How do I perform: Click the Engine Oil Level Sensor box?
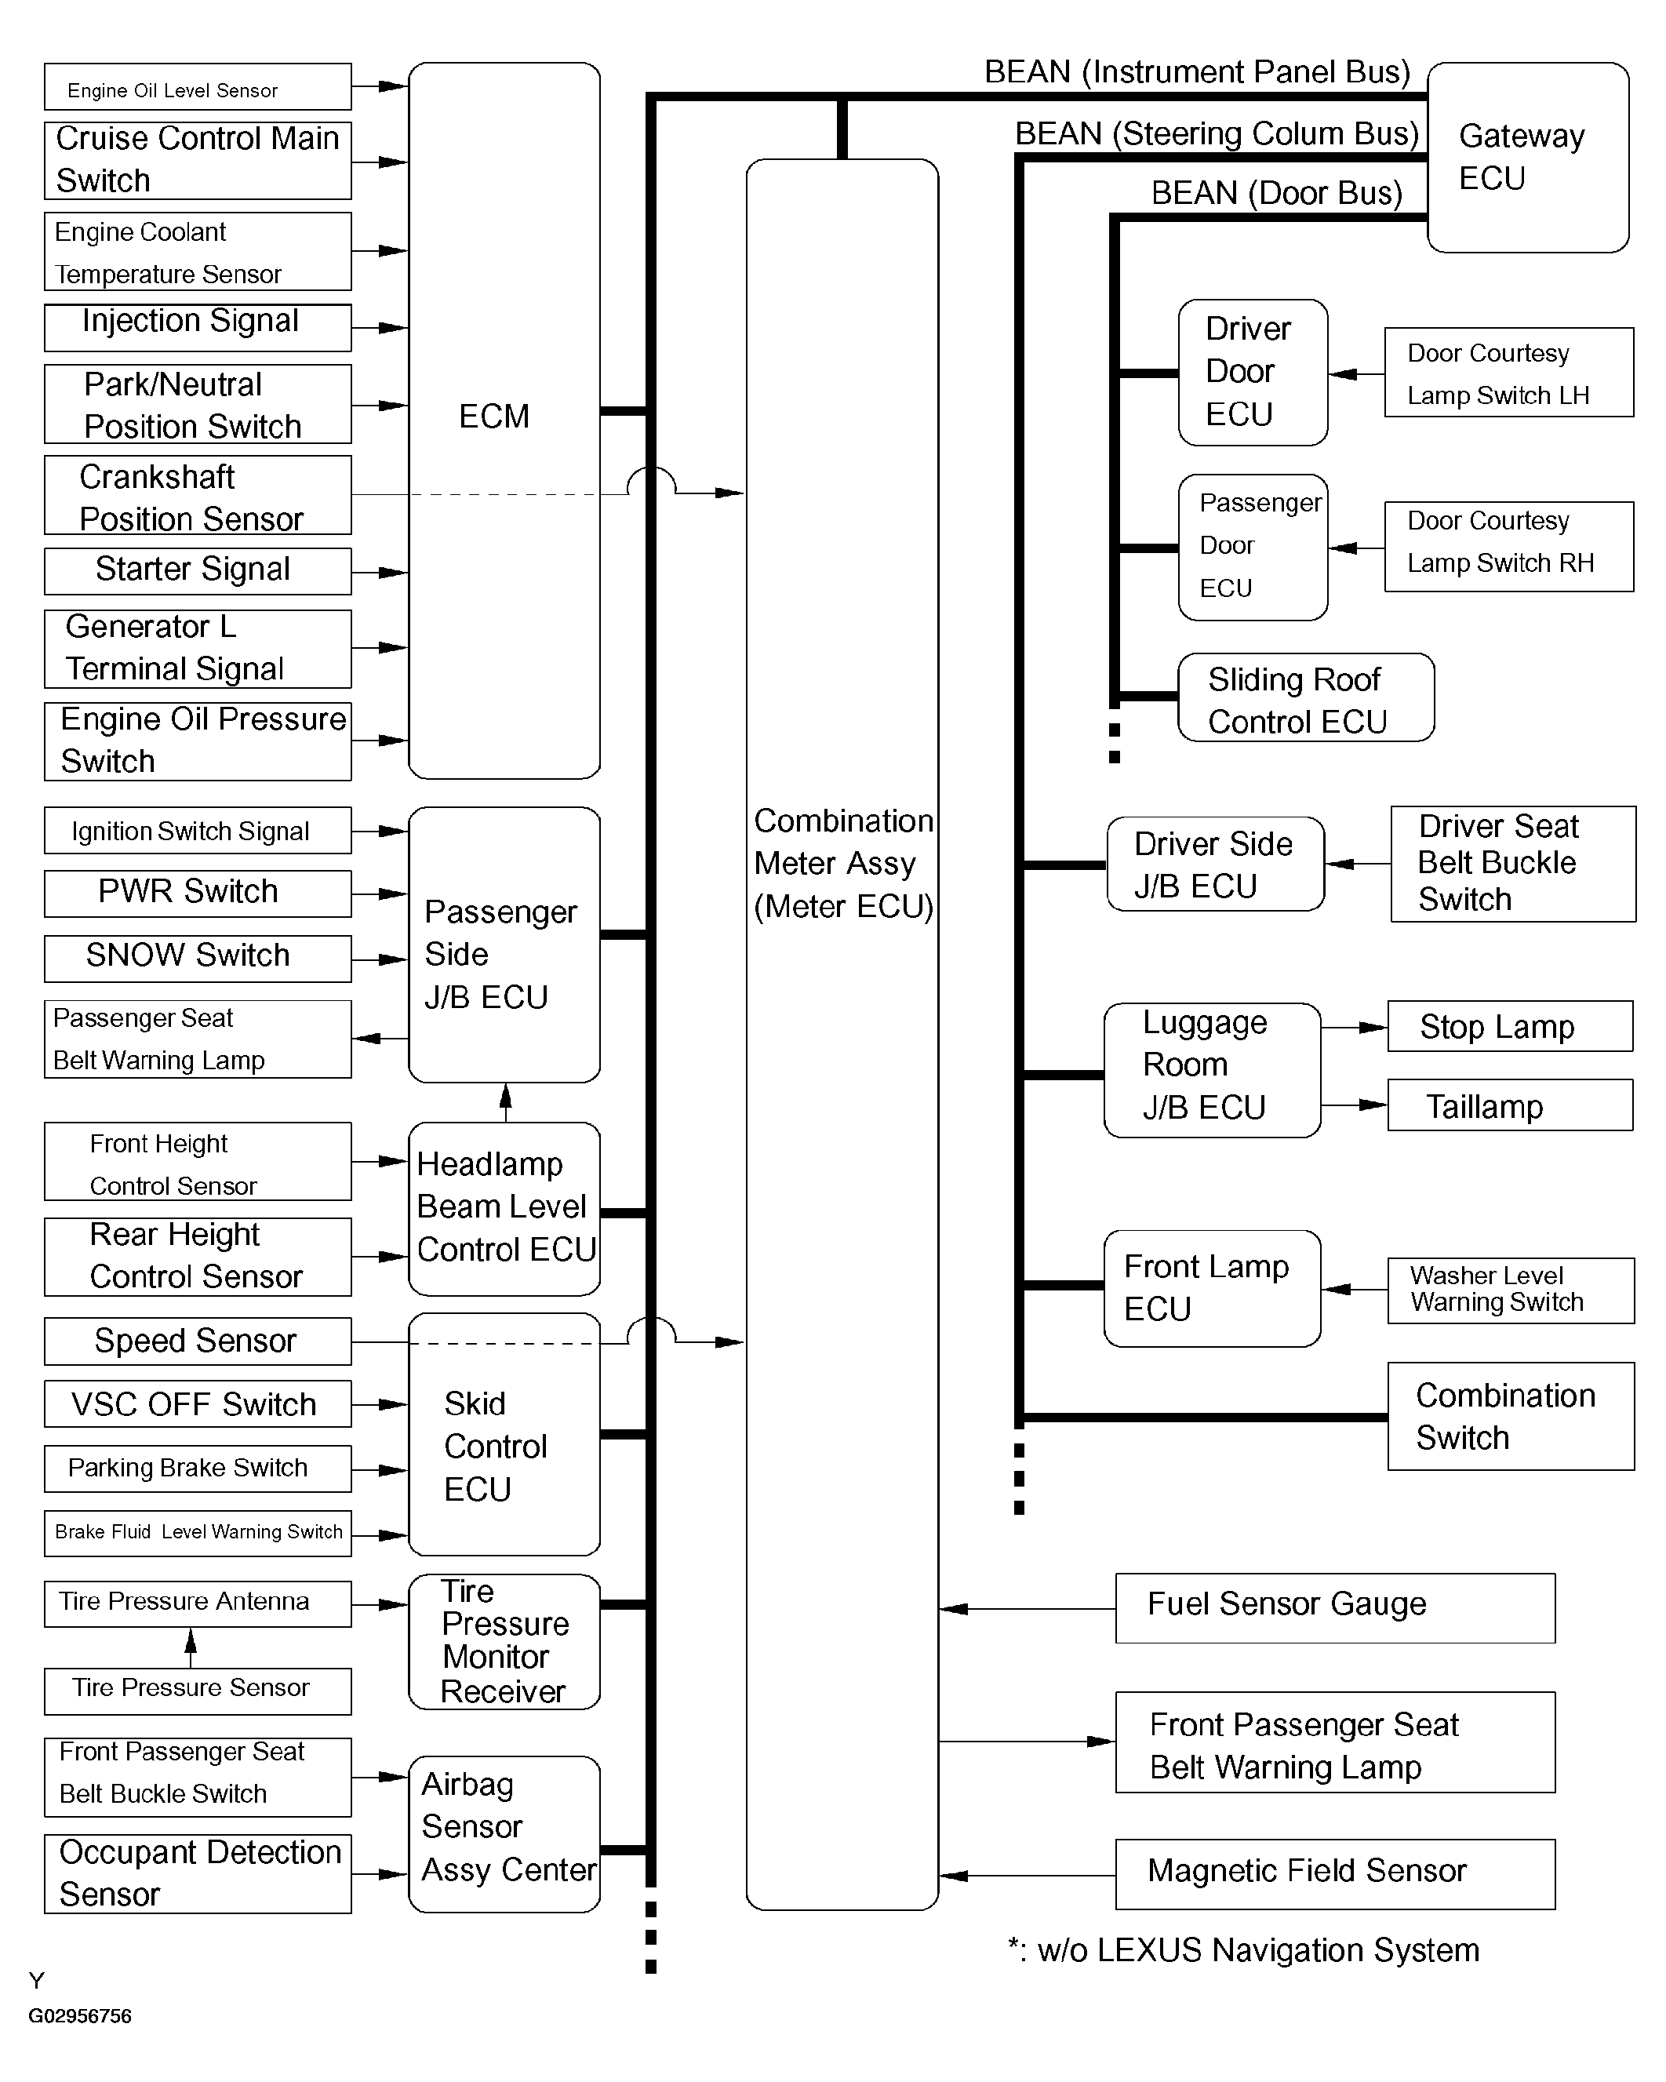coord(197,87)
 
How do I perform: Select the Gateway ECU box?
coord(1527,158)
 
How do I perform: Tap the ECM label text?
coord(493,417)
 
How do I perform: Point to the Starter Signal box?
coord(197,571)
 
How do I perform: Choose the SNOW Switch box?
coord(197,957)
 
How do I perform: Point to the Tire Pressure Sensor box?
coord(197,1690)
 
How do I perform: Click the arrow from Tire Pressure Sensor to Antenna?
coord(191,1647)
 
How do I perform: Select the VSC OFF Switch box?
coord(197,1404)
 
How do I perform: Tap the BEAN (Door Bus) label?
coord(1276,193)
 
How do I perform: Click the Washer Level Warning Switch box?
coord(1510,1290)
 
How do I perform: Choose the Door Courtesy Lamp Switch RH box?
coord(1508,546)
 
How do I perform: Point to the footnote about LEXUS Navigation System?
coord(1244,1951)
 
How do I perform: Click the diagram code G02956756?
coord(80,2015)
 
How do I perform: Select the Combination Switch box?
coord(1510,1417)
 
